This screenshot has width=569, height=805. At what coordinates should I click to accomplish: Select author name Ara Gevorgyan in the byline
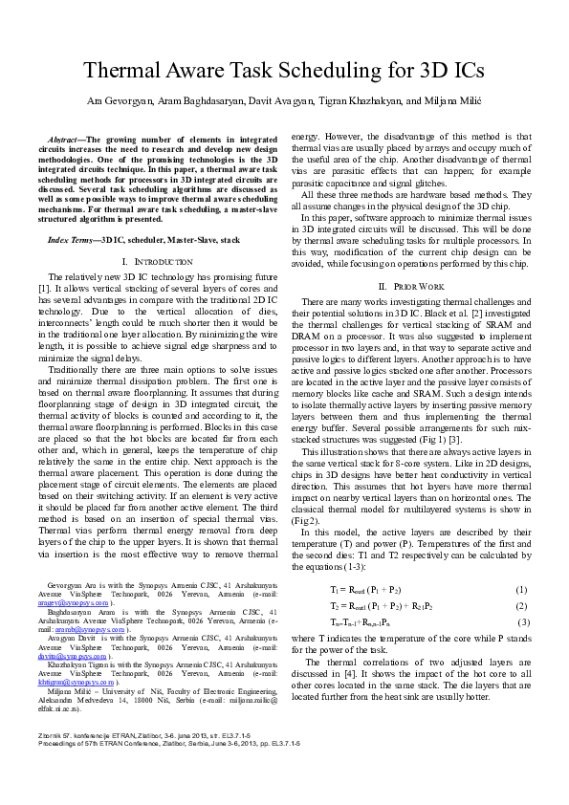pyautogui.click(x=120, y=100)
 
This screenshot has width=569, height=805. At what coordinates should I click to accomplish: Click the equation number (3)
pyautogui.click(x=522, y=623)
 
